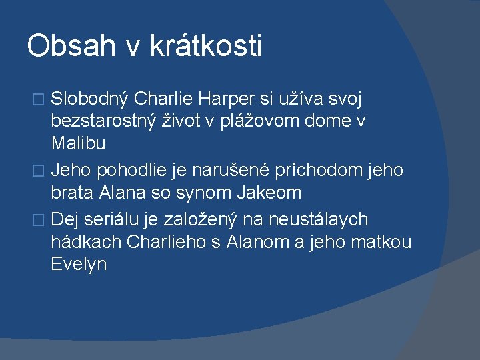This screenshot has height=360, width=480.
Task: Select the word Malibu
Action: pyautogui.click(x=78, y=144)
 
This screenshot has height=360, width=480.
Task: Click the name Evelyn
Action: pyautogui.click(x=79, y=263)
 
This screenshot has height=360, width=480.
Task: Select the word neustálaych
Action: pyautogui.click(x=322, y=219)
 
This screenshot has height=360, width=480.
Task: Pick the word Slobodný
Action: pyautogui.click(x=90, y=99)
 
